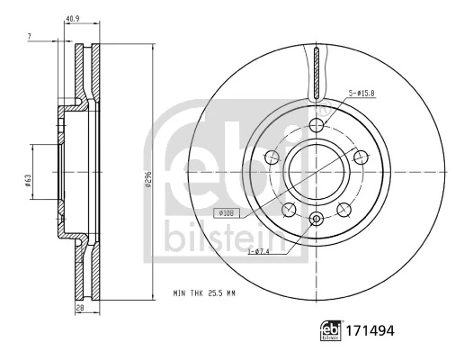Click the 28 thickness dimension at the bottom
[x=80, y=308]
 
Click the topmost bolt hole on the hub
[x=316, y=125]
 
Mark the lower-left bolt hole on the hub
[x=289, y=209]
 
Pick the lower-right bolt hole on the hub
[x=343, y=209]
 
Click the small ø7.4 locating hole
[x=316, y=219]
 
